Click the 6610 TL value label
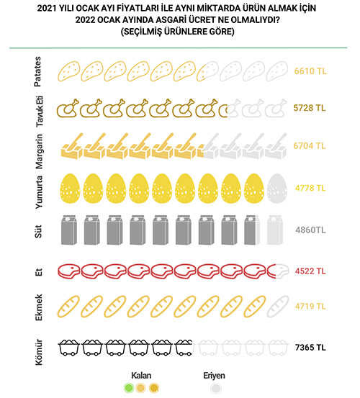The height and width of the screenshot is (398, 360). (x=310, y=71)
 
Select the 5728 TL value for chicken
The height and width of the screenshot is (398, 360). (x=310, y=108)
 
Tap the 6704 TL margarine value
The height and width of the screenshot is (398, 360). (x=310, y=145)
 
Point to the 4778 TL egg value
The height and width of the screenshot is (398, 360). (x=310, y=188)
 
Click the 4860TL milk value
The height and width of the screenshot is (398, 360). (x=310, y=230)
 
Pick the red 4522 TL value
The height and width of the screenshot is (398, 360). (x=310, y=271)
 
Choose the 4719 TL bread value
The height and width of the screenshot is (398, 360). (x=310, y=306)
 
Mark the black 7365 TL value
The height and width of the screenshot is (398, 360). (x=310, y=347)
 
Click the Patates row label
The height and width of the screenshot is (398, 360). (x=37, y=71)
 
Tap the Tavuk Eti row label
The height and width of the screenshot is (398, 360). (x=40, y=112)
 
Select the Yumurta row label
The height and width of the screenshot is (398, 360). (x=39, y=192)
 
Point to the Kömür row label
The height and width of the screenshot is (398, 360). (x=38, y=352)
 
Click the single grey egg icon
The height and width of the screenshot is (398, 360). (x=276, y=189)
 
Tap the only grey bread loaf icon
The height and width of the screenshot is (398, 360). (x=278, y=307)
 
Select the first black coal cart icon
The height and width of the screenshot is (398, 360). (x=68, y=348)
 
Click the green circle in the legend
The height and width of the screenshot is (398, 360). (x=129, y=388)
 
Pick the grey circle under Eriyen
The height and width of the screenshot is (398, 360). (x=216, y=388)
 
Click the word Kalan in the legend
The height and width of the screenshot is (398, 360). (x=141, y=376)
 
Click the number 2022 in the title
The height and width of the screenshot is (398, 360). (x=85, y=20)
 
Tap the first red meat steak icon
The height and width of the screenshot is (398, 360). (x=69, y=271)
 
